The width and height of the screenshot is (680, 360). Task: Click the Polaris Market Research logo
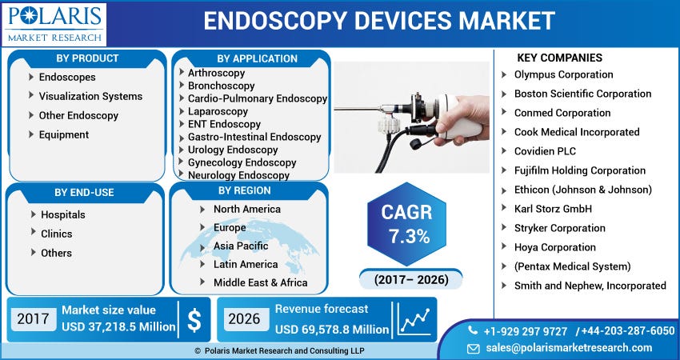pyautogui.click(x=54, y=24)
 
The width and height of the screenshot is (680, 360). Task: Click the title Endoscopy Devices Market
pyautogui.click(x=378, y=21)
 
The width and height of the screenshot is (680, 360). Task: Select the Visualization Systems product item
pyautogui.click(x=90, y=96)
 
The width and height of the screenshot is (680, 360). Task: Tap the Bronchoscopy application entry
pyautogui.click(x=222, y=86)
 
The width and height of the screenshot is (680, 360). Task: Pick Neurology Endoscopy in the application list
pyautogui.click(x=238, y=175)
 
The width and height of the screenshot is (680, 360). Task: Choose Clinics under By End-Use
pyautogui.click(x=57, y=234)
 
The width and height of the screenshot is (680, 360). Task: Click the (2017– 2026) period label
pyautogui.click(x=411, y=280)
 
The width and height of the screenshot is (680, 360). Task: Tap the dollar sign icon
pyautogui.click(x=194, y=320)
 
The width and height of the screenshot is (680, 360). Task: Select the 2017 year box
pyautogui.click(x=33, y=319)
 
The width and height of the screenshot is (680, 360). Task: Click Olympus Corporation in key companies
pyautogui.click(x=563, y=74)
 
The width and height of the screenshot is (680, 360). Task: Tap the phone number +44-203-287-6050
pyautogui.click(x=630, y=331)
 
